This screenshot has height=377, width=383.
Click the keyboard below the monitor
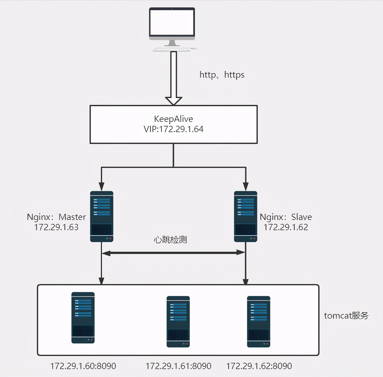[x=172, y=49]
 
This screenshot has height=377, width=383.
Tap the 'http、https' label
[x=222, y=75]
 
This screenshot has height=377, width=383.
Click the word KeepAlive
[x=173, y=119]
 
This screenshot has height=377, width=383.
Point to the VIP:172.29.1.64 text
[x=173, y=129]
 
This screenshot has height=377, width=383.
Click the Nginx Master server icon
[x=102, y=217]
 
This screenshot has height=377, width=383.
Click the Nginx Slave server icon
[x=246, y=217]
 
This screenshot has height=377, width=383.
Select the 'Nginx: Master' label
[x=56, y=217]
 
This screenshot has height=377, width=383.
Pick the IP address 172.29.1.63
[x=56, y=227]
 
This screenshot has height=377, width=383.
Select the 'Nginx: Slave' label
[x=286, y=217]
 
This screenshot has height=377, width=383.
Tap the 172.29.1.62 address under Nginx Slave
[x=286, y=227]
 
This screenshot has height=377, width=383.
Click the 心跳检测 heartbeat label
[x=170, y=240]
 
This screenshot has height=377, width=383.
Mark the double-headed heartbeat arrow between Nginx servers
[x=173, y=253]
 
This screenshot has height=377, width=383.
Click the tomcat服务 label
[x=346, y=315]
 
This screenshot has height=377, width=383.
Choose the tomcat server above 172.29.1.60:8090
[x=83, y=317]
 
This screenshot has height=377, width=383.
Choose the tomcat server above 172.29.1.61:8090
[x=178, y=321]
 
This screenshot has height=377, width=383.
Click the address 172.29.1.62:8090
[x=259, y=366]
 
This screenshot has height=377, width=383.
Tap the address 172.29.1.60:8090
[x=83, y=366]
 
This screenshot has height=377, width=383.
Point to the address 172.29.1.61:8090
[x=178, y=366]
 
